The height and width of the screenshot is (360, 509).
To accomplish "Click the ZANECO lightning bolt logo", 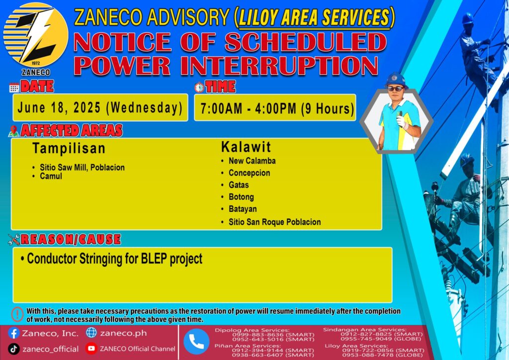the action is [x=36, y=35].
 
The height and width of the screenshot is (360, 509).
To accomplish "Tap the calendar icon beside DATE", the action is [x=14, y=88].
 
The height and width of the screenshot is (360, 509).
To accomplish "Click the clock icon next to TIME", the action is [x=199, y=88].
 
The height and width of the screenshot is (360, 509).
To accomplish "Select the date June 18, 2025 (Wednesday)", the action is [x=100, y=108].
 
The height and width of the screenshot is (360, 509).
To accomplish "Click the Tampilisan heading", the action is [x=69, y=148].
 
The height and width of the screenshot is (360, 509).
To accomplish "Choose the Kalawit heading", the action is [x=246, y=147].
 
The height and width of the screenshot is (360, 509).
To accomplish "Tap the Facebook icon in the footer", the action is [x=13, y=333].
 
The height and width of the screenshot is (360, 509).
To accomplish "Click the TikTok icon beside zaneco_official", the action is [x=13, y=349].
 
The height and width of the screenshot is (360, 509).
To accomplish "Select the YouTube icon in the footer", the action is [x=91, y=349].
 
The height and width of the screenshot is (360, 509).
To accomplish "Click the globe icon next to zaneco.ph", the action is [x=91, y=333].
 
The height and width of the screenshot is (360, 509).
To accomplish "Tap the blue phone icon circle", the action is [x=196, y=342].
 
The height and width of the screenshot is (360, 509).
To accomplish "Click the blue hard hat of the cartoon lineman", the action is [x=395, y=80].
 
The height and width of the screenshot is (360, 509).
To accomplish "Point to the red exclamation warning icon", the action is [x=17, y=314].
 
